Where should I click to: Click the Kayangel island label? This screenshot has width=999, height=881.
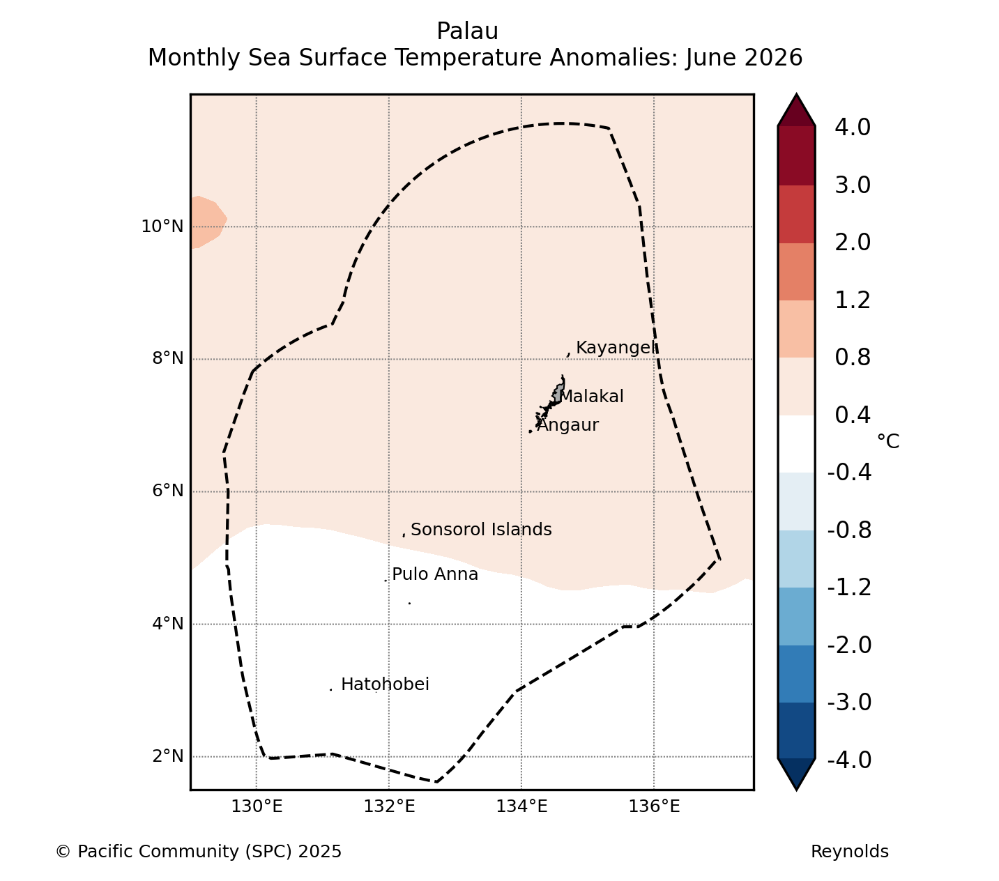pos(616,348)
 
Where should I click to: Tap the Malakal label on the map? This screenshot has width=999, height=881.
pos(592,397)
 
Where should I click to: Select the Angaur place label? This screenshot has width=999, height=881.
pos(567,425)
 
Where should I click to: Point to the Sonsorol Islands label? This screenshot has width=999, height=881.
pos(481,530)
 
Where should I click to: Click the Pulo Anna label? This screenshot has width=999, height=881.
pos(435,574)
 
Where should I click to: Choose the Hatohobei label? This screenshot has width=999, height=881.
pos(385,684)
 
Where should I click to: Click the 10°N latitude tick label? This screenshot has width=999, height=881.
pos(162,227)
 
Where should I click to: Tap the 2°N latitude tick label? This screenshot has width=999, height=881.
pos(167,756)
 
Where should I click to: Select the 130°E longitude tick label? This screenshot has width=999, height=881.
pos(257,806)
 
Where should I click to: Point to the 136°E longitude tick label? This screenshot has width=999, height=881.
pos(654,806)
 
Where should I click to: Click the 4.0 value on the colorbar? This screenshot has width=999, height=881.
pos(853,127)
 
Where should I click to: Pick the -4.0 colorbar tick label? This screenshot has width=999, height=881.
pos(849,760)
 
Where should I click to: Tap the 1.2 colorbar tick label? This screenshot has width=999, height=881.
pos(853,300)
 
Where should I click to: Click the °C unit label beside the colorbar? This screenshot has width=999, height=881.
pos(888,441)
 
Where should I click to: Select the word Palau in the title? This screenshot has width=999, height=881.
pos(468,31)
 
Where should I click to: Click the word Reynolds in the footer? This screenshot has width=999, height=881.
pos(850,852)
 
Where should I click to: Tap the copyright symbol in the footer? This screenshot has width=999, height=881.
pos(63,852)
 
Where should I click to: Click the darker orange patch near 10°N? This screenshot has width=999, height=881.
pos(207,222)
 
